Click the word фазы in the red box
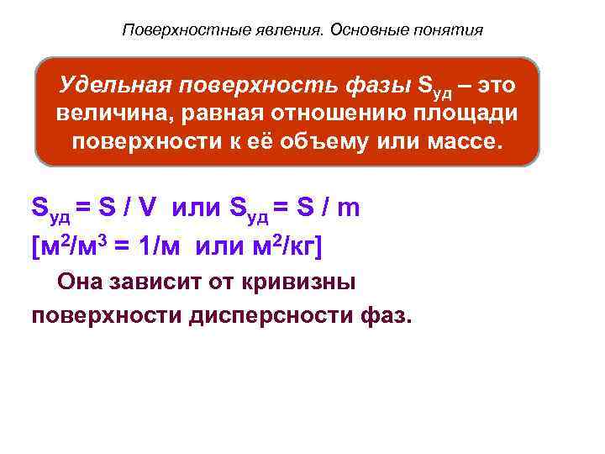tap(380, 86)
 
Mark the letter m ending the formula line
tap(348, 208)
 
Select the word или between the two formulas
tap(199, 208)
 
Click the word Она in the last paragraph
tap(80, 282)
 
